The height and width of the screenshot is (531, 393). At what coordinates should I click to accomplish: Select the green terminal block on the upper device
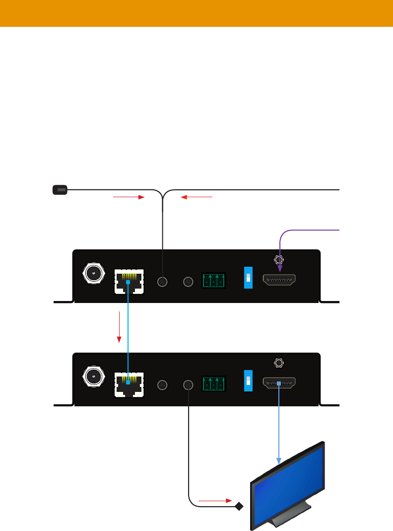(213, 281)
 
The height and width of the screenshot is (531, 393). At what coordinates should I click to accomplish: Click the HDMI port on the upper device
(279, 281)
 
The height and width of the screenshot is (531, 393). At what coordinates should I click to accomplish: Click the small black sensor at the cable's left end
(60, 189)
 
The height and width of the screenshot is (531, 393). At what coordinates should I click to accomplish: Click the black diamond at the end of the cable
(239, 507)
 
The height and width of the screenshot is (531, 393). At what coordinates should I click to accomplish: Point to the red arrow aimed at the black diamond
(215, 500)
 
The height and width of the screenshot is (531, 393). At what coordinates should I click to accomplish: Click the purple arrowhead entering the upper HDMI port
(280, 269)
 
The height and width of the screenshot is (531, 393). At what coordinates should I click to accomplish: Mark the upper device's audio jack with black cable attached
(162, 282)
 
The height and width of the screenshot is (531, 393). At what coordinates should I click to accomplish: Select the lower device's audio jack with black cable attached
(188, 385)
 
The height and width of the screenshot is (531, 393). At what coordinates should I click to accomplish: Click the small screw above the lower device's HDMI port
(279, 363)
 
